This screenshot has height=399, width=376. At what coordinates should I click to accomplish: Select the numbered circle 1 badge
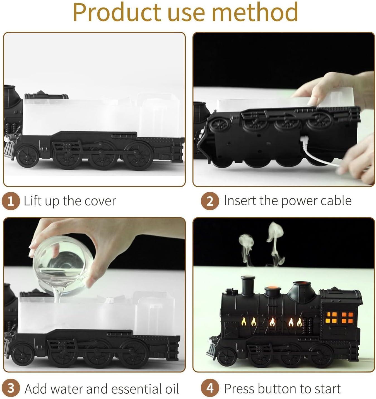pyautogui.click(x=11, y=201)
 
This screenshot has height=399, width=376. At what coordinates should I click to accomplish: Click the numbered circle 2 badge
pyautogui.click(x=210, y=201)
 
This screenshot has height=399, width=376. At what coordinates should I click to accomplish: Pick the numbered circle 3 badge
pyautogui.click(x=11, y=388)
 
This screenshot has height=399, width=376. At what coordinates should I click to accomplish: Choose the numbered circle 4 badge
pyautogui.click(x=210, y=388)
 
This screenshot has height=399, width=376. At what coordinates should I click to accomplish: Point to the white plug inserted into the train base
pyautogui.click(x=304, y=142)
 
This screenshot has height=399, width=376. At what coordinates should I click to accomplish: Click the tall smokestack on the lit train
pyautogui.click(x=248, y=285)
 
